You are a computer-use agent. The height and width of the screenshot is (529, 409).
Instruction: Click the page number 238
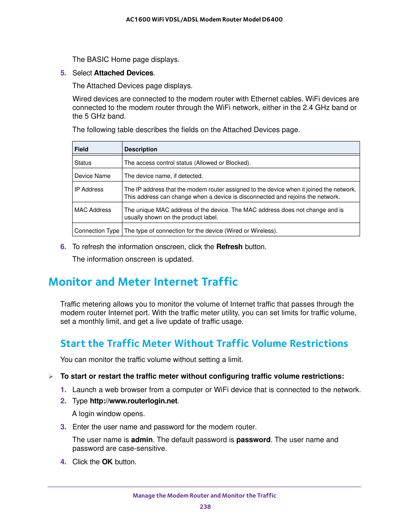[205, 507]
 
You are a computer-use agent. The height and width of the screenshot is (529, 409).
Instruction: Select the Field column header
[81, 149]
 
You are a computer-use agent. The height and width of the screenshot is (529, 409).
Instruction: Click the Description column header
[141, 149]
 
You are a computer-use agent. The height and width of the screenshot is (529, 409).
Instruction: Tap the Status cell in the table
[83, 163]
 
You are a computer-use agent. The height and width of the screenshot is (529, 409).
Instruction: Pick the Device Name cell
[92, 176]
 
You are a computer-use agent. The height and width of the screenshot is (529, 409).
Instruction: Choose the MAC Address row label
[93, 210]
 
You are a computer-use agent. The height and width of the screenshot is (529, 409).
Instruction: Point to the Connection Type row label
[97, 231]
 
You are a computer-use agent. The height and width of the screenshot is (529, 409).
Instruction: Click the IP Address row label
[89, 189]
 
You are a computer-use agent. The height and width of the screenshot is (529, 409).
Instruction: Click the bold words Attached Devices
[124, 73]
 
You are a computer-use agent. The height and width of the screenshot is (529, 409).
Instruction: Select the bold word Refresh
[229, 247]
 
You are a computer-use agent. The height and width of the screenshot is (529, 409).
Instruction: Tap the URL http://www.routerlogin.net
[133, 401]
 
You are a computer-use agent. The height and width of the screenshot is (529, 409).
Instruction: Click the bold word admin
[142, 440]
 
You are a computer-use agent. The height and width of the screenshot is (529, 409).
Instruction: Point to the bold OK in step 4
[107, 462]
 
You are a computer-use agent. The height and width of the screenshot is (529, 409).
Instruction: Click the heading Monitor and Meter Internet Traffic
[143, 281]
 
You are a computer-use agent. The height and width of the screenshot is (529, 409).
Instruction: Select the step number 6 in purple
[63, 247]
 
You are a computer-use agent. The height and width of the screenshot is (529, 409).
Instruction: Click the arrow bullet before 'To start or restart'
[51, 376]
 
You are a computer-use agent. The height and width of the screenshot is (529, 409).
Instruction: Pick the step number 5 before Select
[63, 73]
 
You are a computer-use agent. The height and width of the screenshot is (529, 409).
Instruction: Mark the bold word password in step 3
[253, 440]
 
